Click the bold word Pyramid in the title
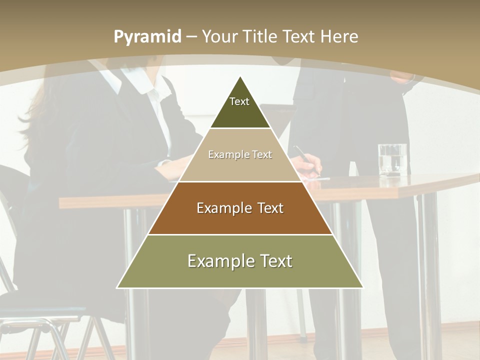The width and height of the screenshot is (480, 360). [x=147, y=37]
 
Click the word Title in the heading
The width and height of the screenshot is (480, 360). [x=261, y=36]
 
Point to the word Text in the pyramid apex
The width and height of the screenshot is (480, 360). [x=239, y=101]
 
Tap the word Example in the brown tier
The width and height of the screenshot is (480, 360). [x=218, y=208]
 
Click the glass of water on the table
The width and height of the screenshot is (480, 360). [x=392, y=160]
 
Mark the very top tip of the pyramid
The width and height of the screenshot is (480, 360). [x=240, y=76]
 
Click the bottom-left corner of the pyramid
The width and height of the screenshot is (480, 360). [x=117, y=287]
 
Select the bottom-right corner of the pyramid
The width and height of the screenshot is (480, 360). [x=363, y=287]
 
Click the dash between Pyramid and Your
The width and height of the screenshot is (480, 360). [x=191, y=37]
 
